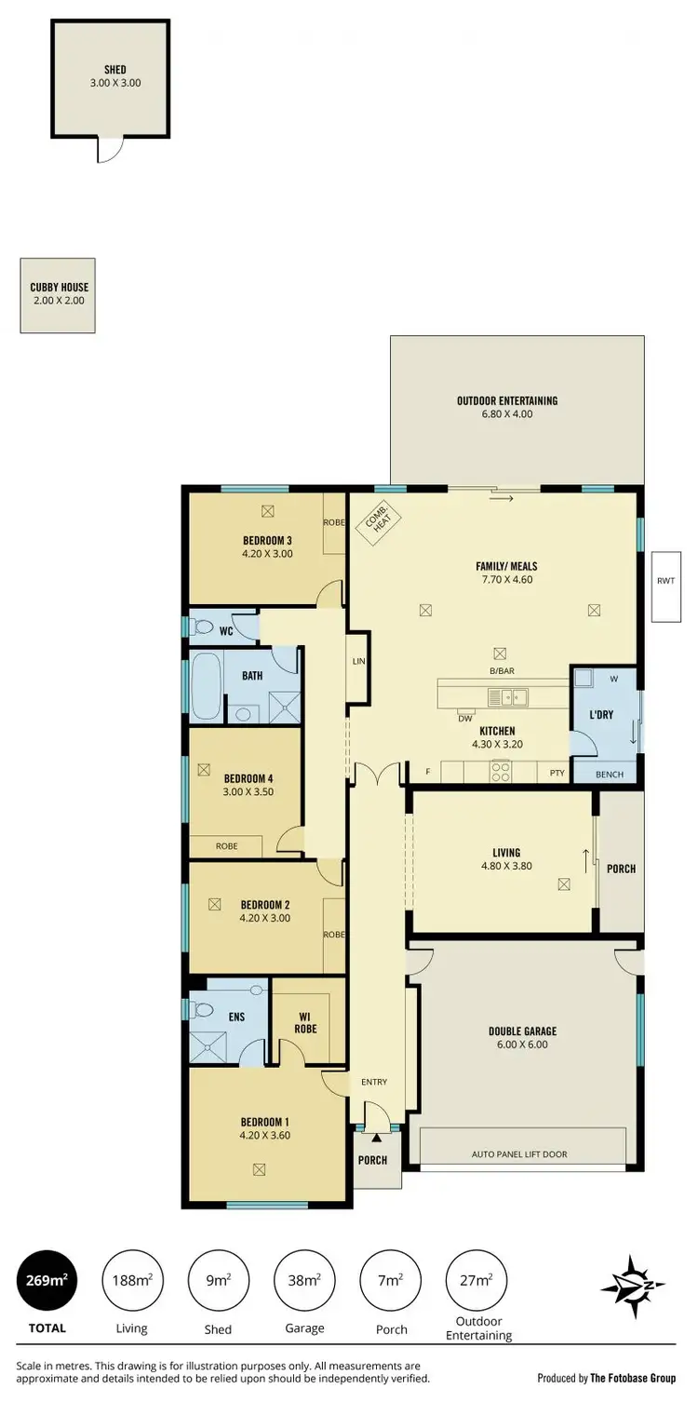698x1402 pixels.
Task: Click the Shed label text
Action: (x=115, y=69)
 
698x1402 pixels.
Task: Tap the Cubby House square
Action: (x=59, y=295)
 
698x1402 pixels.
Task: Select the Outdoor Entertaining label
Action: (x=507, y=401)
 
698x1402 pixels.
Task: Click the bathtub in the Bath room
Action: (x=206, y=687)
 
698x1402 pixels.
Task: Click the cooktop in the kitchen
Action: (x=501, y=771)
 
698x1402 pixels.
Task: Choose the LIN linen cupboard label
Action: (x=357, y=662)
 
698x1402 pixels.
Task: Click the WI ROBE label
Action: (x=307, y=1021)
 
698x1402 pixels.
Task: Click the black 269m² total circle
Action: (x=47, y=1281)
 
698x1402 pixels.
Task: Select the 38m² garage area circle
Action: (x=305, y=1281)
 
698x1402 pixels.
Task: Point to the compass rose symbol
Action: (x=633, y=1287)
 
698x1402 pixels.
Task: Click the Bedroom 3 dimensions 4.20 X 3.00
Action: (x=268, y=553)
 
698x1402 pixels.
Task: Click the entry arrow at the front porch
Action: (x=376, y=1137)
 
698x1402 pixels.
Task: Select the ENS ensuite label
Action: (x=236, y=1017)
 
